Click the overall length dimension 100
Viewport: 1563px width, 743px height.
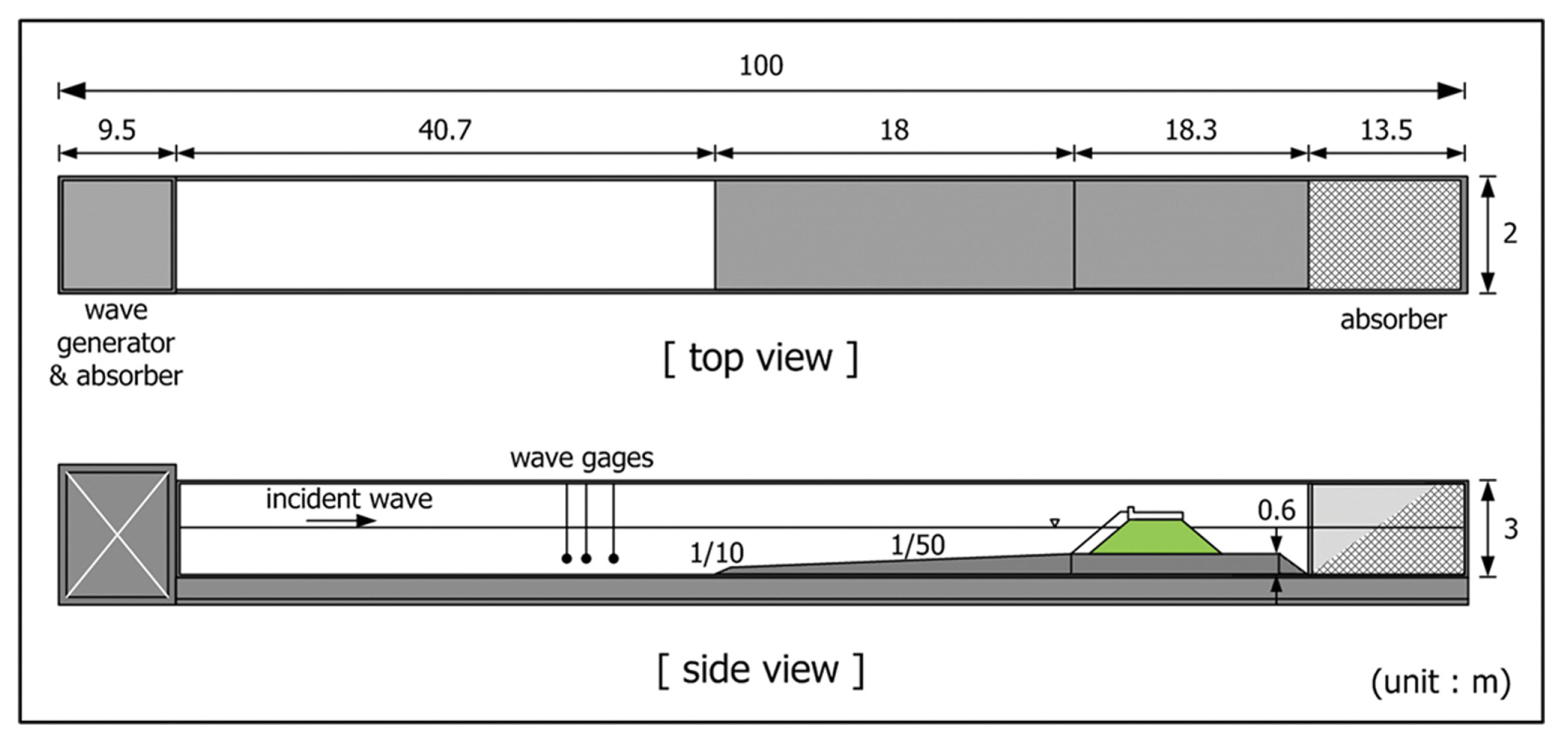coord(761,66)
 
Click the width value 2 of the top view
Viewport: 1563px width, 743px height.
coord(1510,234)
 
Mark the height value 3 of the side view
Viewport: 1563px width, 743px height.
coord(1511,529)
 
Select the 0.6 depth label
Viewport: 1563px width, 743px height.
coord(1276,511)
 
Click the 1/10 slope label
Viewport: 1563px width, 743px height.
coord(717,553)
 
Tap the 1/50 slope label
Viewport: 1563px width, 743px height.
coord(917,546)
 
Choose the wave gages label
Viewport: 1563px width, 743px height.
coord(581,458)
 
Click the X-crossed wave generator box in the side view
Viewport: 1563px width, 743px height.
coord(117,535)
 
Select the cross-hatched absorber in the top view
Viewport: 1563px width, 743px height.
coord(1384,235)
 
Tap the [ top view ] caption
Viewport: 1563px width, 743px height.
coord(761,359)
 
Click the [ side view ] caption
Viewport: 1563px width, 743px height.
coord(761,670)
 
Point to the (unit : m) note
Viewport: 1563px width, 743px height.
coord(1441,682)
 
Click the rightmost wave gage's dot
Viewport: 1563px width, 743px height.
coord(614,558)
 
